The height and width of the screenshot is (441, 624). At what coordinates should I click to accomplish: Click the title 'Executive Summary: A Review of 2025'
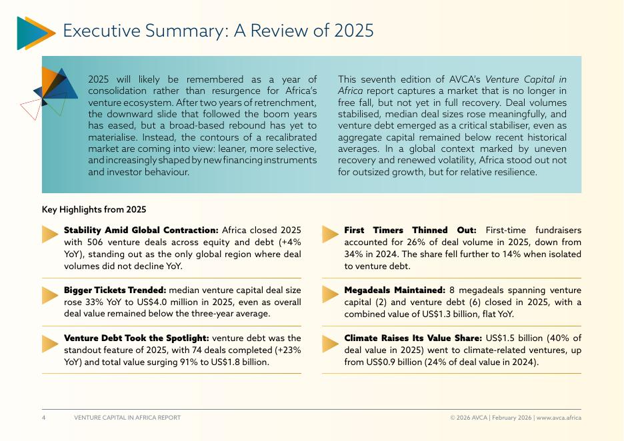[217, 31]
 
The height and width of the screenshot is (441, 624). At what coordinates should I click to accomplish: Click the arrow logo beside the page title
[35, 33]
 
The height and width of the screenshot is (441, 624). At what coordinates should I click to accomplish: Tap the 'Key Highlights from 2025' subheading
[94, 209]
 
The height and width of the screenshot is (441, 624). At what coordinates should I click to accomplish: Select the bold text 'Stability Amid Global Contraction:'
[141, 230]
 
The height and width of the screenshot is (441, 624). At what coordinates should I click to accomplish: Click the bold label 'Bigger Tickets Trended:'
[115, 290]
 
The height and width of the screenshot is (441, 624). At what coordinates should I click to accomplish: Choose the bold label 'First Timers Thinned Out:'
[410, 230]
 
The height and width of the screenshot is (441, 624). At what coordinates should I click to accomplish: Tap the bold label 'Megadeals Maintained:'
[395, 290]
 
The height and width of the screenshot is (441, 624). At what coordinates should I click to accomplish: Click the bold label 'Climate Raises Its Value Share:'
[413, 338]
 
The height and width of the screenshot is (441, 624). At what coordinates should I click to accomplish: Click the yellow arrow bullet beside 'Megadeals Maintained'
[331, 294]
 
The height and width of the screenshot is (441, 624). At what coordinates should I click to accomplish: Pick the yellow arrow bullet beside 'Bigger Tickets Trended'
[50, 294]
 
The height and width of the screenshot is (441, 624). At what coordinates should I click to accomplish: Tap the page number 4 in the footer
[44, 418]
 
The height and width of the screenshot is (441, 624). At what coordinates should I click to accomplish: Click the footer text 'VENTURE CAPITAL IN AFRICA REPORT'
[127, 418]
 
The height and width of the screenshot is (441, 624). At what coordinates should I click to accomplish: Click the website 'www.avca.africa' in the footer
[559, 418]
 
